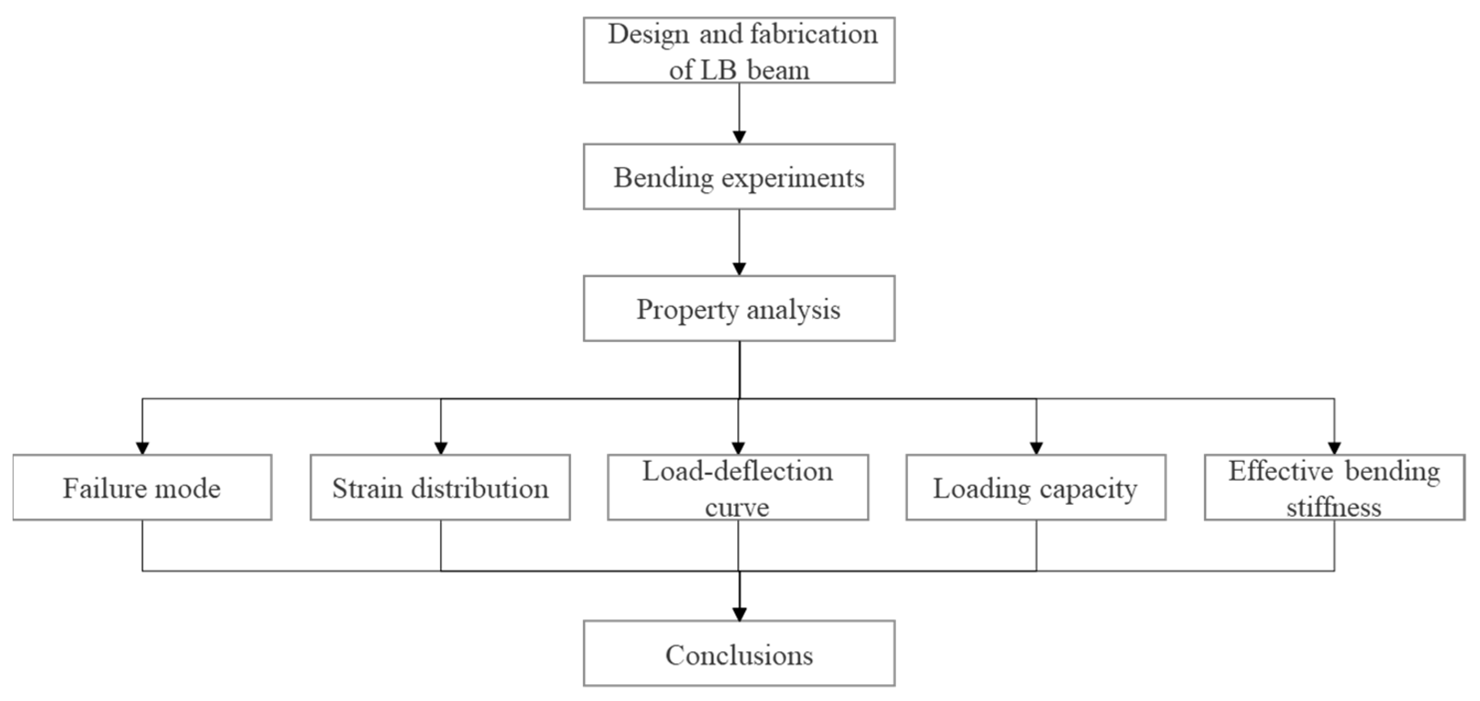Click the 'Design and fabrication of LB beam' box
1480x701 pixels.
coord(739,50)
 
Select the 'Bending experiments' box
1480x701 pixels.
coord(739,177)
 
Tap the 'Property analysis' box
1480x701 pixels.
coord(739,308)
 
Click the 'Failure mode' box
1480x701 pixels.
coord(142,487)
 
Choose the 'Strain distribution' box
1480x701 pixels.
coord(440,487)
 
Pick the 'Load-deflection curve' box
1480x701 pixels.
coord(738,487)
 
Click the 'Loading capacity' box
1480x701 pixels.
coord(1036,487)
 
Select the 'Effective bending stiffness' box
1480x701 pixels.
coord(1334,487)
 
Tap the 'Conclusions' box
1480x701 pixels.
coord(739,653)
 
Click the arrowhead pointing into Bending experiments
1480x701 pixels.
coord(739,137)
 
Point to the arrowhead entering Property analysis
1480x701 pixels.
coord(739,268)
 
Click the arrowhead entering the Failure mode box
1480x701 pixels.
coord(143,448)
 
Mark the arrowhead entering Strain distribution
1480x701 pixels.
coord(441,448)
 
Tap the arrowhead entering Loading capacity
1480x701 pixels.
coord(1036,448)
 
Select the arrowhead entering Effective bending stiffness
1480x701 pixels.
coord(1334,448)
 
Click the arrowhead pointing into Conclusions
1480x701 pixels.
coord(739,614)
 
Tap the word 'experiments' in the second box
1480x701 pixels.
coord(793,178)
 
